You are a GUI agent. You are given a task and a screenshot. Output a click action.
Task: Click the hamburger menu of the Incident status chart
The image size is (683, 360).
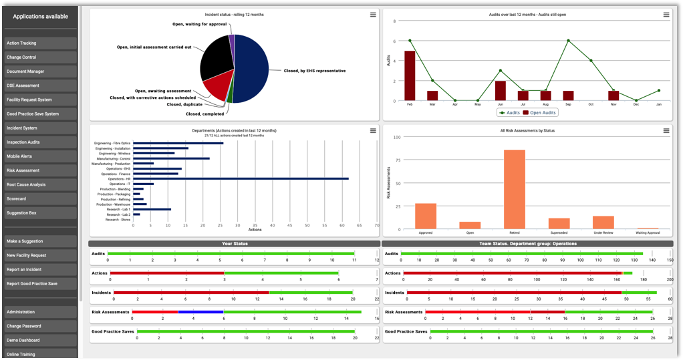[x=373, y=15]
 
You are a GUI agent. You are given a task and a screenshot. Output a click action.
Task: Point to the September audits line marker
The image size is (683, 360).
[x=568, y=41]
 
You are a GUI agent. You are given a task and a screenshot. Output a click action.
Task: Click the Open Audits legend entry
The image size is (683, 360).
[x=539, y=112]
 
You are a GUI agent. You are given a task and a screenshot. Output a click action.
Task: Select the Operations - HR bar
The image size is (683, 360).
[x=241, y=178]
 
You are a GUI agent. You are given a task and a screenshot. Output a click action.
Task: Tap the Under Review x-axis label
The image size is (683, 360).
[x=603, y=233]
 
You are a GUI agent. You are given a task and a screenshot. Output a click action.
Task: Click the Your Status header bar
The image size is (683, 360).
[x=235, y=244]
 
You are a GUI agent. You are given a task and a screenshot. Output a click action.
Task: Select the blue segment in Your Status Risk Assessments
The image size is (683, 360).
[x=200, y=312]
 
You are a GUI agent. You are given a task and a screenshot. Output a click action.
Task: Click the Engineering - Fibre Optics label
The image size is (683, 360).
[x=112, y=143]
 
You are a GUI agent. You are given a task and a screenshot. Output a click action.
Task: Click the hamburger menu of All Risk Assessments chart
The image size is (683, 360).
[x=666, y=131]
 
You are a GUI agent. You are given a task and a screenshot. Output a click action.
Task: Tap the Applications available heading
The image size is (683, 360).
[x=40, y=16]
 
